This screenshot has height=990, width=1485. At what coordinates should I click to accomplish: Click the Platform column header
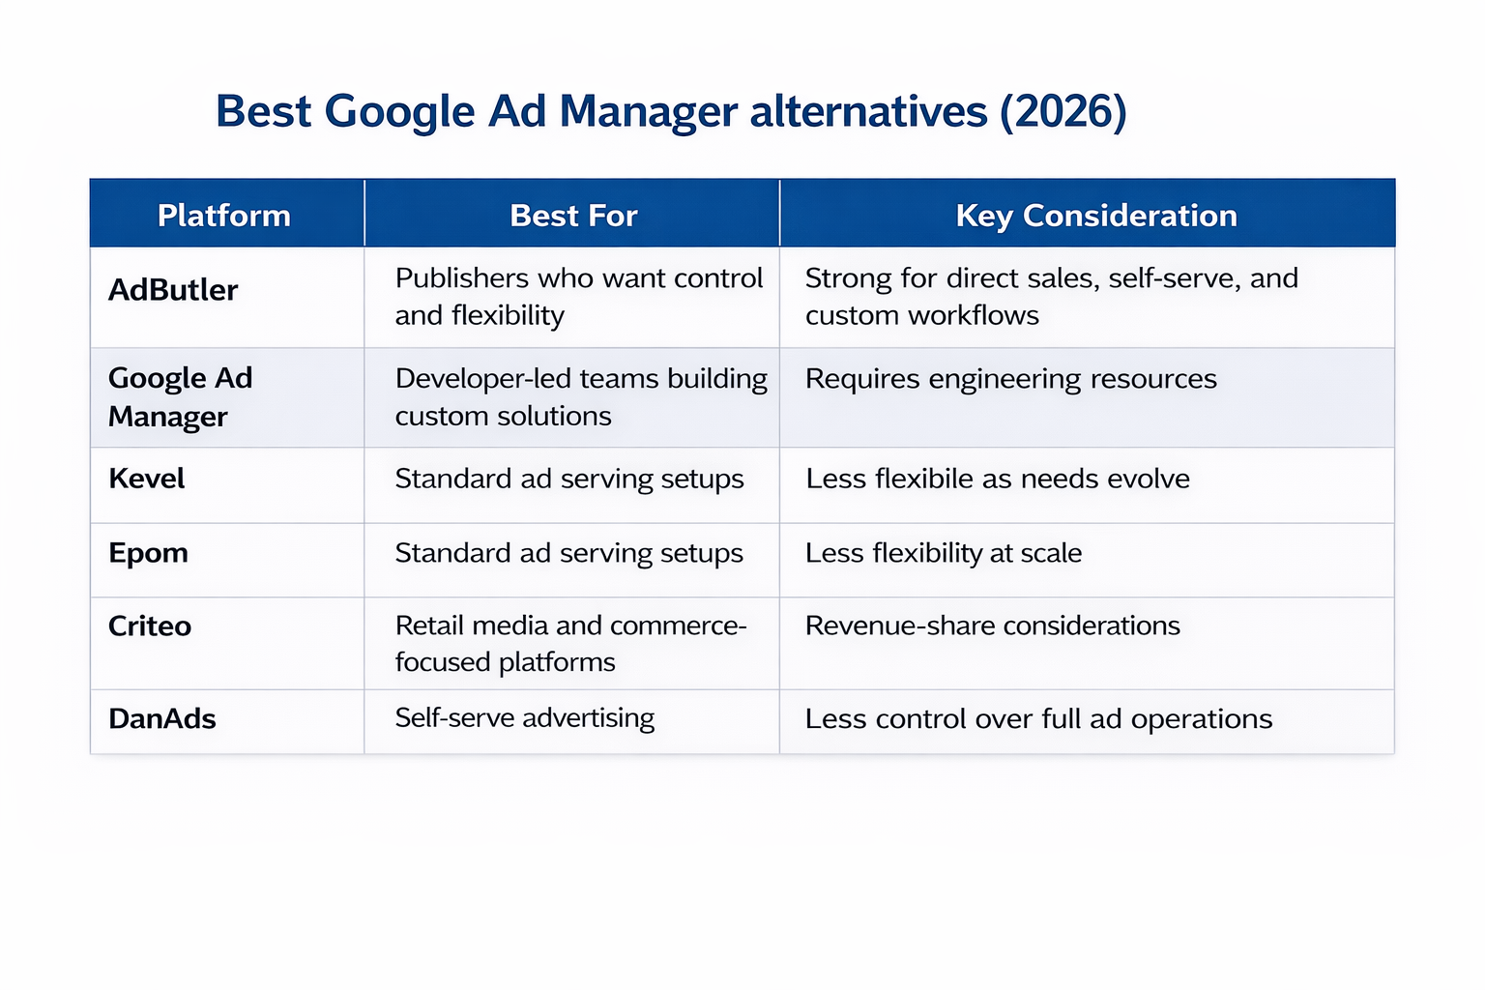[224, 215]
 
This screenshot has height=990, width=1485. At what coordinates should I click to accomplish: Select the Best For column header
[573, 215]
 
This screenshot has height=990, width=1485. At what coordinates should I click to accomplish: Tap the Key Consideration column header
[1096, 215]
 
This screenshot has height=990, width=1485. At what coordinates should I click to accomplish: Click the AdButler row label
[173, 290]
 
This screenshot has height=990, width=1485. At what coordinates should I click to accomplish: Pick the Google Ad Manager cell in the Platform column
[181, 396]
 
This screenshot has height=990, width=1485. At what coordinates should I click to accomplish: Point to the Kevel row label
[147, 479]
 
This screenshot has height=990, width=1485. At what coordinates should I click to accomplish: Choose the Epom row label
[149, 553]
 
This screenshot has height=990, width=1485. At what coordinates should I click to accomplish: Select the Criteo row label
[150, 626]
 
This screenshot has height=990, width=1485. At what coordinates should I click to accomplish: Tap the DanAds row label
[162, 718]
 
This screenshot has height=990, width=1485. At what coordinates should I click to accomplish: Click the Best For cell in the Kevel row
[569, 479]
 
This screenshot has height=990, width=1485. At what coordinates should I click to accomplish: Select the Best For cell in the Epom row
[569, 553]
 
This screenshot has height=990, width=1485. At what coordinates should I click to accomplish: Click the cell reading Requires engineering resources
[1011, 379]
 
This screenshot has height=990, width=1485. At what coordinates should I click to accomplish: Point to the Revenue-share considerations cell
[993, 626]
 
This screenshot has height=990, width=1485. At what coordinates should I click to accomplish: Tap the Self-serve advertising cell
[525, 717]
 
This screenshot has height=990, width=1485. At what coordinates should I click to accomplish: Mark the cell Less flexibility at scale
[944, 553]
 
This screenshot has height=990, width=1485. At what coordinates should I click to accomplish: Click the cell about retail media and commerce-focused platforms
[570, 644]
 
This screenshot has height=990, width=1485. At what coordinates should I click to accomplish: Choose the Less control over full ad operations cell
[1039, 718]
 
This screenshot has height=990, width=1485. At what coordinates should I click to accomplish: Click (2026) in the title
[1063, 111]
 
